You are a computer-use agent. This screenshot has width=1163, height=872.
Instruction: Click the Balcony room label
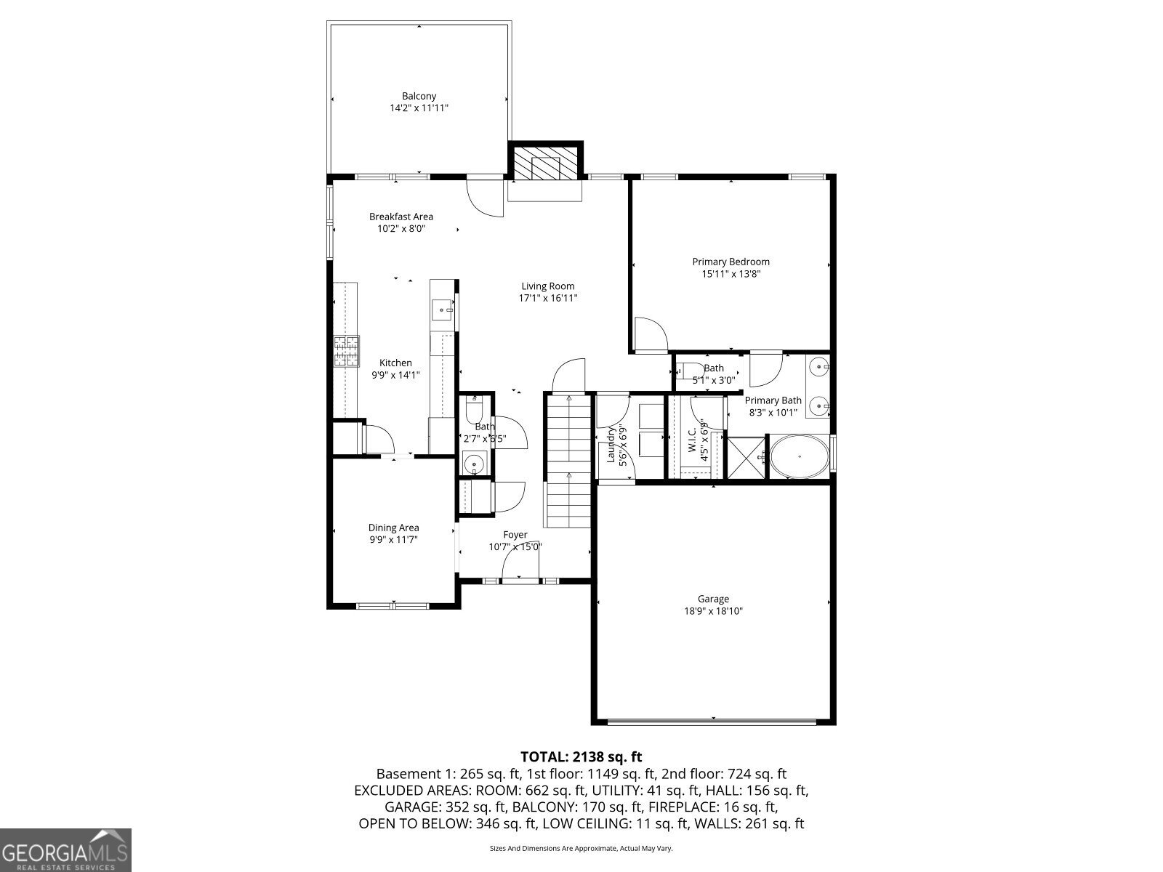[x=419, y=96]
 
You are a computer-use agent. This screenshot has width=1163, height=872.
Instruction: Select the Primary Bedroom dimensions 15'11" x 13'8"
[x=731, y=274]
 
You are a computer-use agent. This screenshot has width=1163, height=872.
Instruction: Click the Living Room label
[x=547, y=286]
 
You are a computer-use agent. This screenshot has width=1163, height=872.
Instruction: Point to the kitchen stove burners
[x=347, y=351]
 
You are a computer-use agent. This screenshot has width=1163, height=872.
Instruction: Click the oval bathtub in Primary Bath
[x=799, y=456]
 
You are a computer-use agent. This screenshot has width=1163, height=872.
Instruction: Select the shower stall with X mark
[x=747, y=456]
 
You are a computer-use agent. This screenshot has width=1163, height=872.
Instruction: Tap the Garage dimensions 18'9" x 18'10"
[x=713, y=611]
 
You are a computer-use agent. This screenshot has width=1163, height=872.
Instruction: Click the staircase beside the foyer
[x=568, y=465]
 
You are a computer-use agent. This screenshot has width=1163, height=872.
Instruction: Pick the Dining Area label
[x=393, y=528]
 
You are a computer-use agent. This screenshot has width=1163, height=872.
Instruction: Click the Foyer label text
[x=515, y=535]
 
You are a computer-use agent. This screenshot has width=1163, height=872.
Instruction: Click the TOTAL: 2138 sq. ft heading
[x=581, y=756]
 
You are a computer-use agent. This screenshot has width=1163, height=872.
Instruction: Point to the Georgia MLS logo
[x=65, y=849]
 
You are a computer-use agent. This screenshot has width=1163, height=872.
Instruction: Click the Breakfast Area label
[x=401, y=217]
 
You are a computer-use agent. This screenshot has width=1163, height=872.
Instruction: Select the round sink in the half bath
[x=473, y=462]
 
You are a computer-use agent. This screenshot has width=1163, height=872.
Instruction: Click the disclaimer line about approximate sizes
[x=581, y=848]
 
